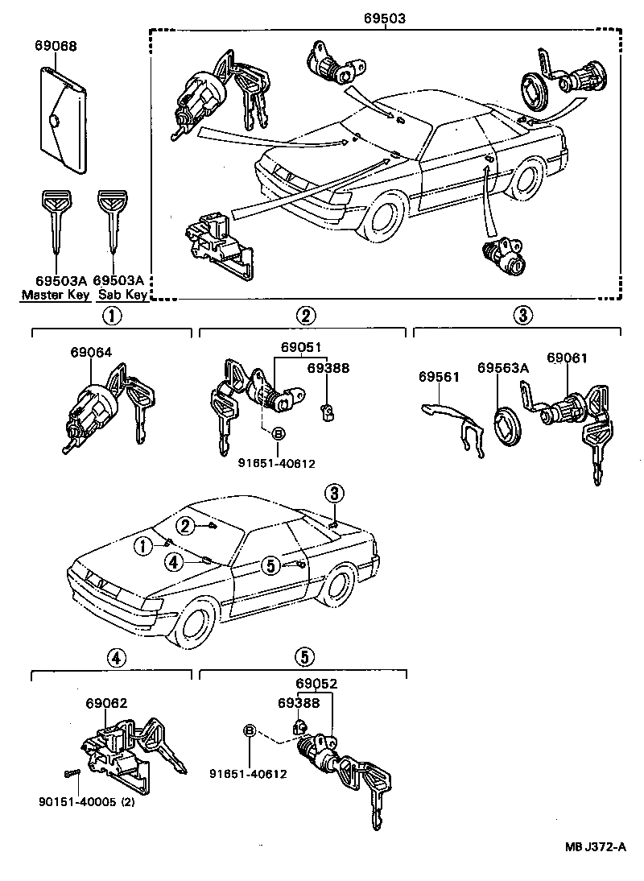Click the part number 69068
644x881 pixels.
click(56, 46)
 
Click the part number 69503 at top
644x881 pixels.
click(385, 17)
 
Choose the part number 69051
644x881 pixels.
click(301, 348)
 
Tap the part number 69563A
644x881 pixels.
click(502, 368)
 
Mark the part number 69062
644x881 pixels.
click(106, 703)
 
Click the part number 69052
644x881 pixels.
click(316, 684)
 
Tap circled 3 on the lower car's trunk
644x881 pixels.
click(334, 493)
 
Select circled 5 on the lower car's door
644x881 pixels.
click(270, 565)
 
